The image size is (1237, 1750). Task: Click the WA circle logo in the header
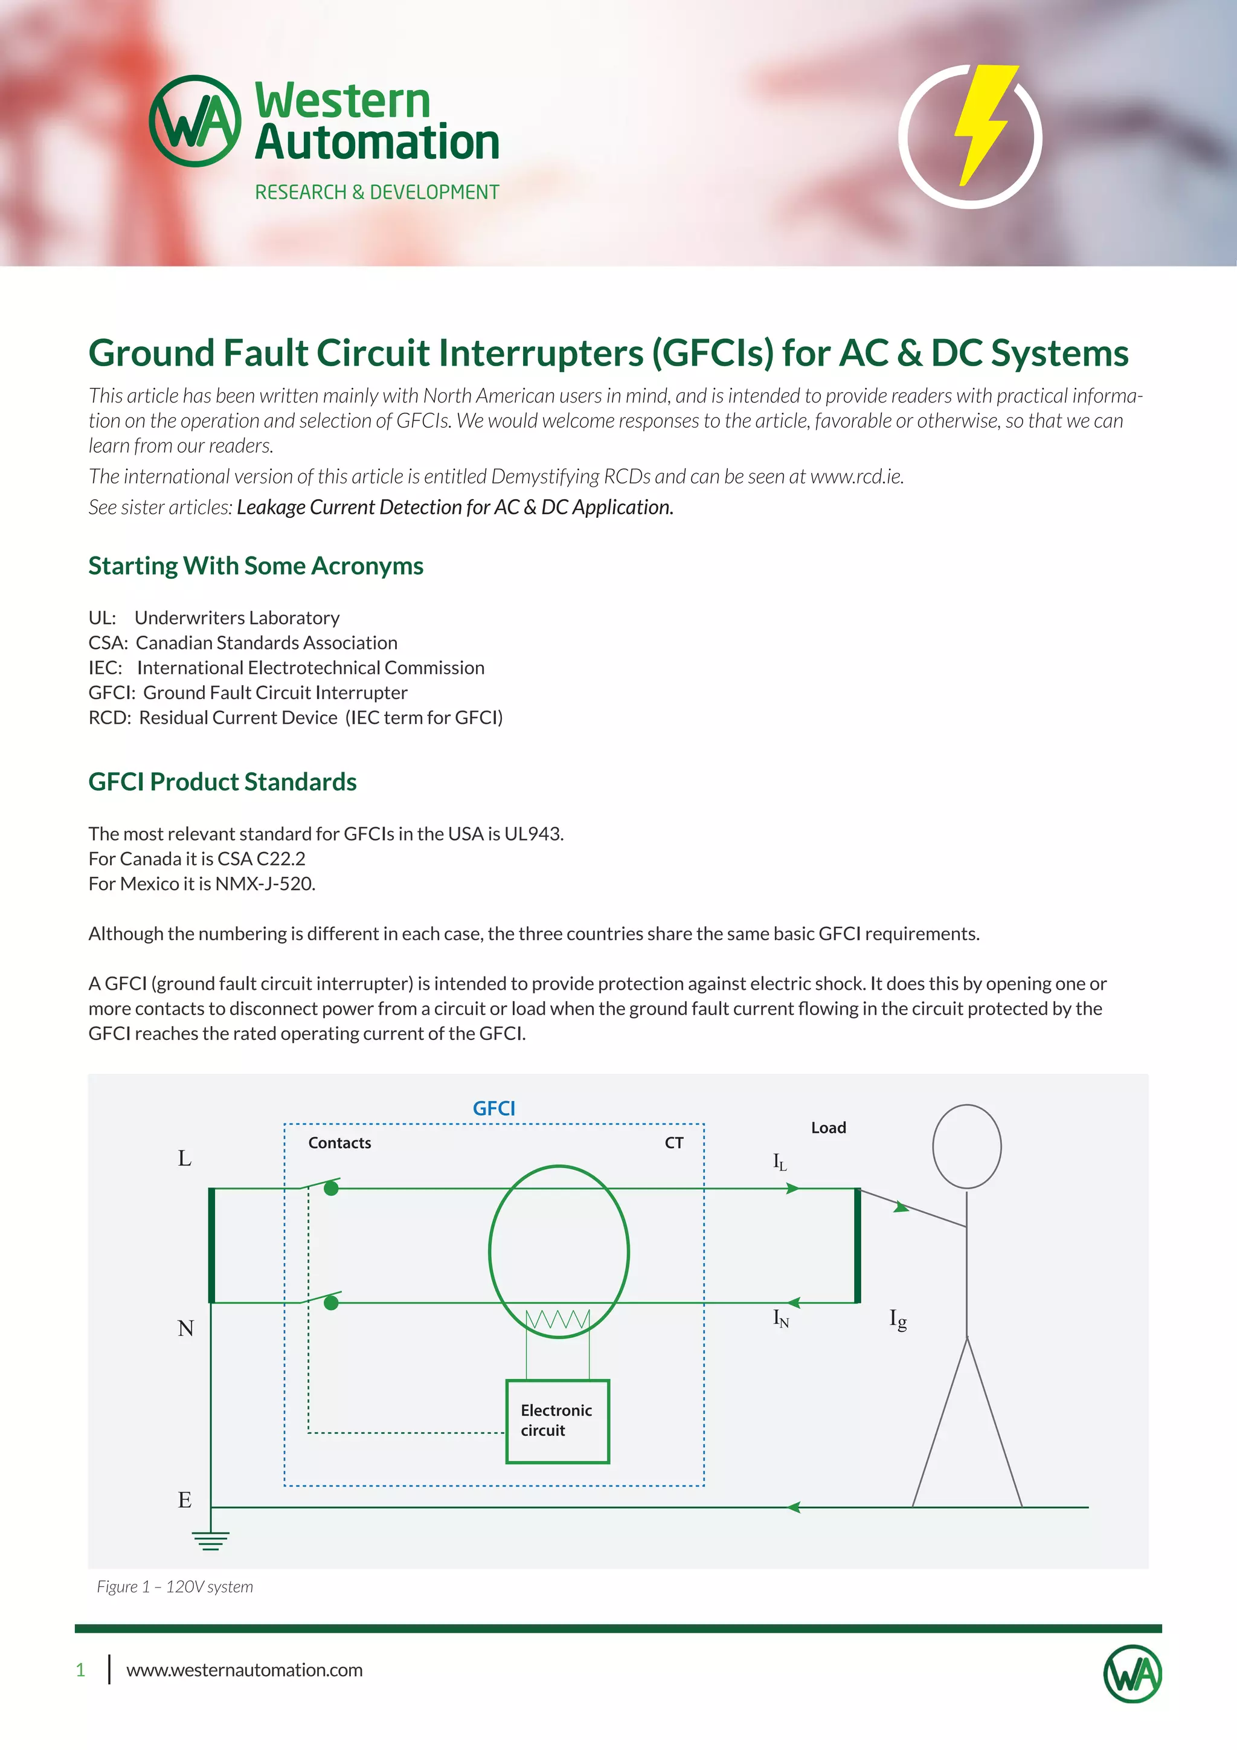click(x=195, y=120)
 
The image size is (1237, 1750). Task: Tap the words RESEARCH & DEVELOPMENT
click(x=377, y=192)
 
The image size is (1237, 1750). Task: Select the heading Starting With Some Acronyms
click(x=256, y=566)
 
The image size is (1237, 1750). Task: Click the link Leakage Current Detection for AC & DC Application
click(x=455, y=508)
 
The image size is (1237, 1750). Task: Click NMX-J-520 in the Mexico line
click(x=265, y=884)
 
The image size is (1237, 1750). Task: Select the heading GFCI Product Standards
click(x=222, y=782)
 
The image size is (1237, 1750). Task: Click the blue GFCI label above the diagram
click(x=493, y=1108)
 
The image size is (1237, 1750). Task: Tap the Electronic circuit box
click(x=557, y=1421)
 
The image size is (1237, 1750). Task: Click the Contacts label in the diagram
click(x=339, y=1143)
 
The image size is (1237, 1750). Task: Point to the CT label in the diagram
click(x=674, y=1143)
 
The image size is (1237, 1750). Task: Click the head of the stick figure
click(x=966, y=1146)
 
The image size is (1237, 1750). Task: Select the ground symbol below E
click(x=211, y=1541)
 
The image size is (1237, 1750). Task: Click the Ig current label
click(x=898, y=1319)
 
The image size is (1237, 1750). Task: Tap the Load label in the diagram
click(x=829, y=1127)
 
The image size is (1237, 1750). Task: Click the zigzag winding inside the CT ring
click(x=558, y=1319)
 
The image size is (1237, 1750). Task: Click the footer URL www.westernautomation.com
click(x=245, y=1670)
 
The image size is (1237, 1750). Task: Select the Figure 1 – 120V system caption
click(x=175, y=1586)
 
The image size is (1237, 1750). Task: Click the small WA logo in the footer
click(x=1133, y=1674)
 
